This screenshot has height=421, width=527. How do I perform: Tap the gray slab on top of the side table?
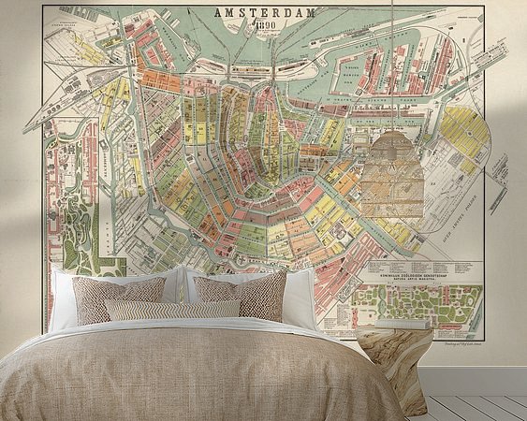point(393,331)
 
